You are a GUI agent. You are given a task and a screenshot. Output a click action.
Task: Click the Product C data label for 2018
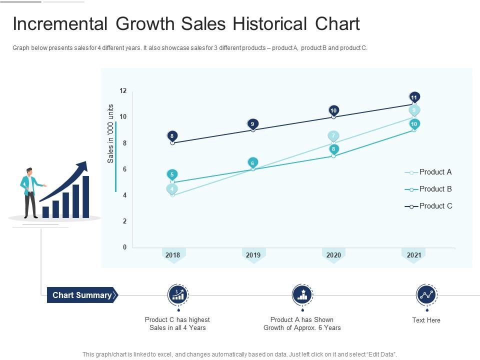tap(172, 135)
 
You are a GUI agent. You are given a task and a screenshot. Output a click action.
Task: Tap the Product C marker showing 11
tap(414, 97)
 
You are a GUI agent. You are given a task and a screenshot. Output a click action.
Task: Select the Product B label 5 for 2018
tap(172, 174)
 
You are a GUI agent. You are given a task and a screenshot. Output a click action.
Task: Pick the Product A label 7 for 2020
tap(333, 135)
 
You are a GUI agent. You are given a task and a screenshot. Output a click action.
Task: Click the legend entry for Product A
tap(428, 172)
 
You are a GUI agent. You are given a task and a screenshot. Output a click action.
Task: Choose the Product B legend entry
tap(428, 189)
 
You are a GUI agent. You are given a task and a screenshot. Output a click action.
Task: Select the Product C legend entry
tap(428, 206)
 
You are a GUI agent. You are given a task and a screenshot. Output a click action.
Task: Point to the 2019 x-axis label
tap(253, 255)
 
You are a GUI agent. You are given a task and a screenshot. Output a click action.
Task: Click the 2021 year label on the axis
tap(414, 255)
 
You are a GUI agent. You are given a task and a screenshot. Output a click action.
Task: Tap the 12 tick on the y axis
tap(123, 91)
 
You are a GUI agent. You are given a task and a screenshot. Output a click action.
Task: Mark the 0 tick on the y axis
tap(124, 247)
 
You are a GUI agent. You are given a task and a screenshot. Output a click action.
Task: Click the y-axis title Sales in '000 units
tap(111, 133)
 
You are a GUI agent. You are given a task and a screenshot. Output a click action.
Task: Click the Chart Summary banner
tap(82, 295)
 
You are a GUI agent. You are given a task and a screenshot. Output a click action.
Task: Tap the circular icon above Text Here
tap(426, 295)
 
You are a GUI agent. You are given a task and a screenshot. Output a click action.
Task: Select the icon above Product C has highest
tap(177, 295)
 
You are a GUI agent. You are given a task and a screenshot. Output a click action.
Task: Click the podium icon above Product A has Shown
tap(302, 295)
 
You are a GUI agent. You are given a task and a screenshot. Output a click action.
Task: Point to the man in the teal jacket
tap(30, 192)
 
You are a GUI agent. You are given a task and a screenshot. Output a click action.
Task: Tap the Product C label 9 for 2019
tap(253, 123)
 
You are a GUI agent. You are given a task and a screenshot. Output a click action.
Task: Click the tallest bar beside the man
tap(85, 197)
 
